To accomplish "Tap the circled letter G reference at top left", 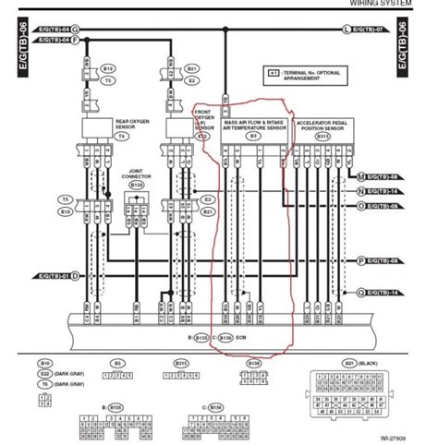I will (x=77, y=30).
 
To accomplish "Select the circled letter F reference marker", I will (x=77, y=42).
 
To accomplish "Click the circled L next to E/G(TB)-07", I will (x=347, y=30).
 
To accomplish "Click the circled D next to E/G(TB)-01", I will (x=77, y=276).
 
